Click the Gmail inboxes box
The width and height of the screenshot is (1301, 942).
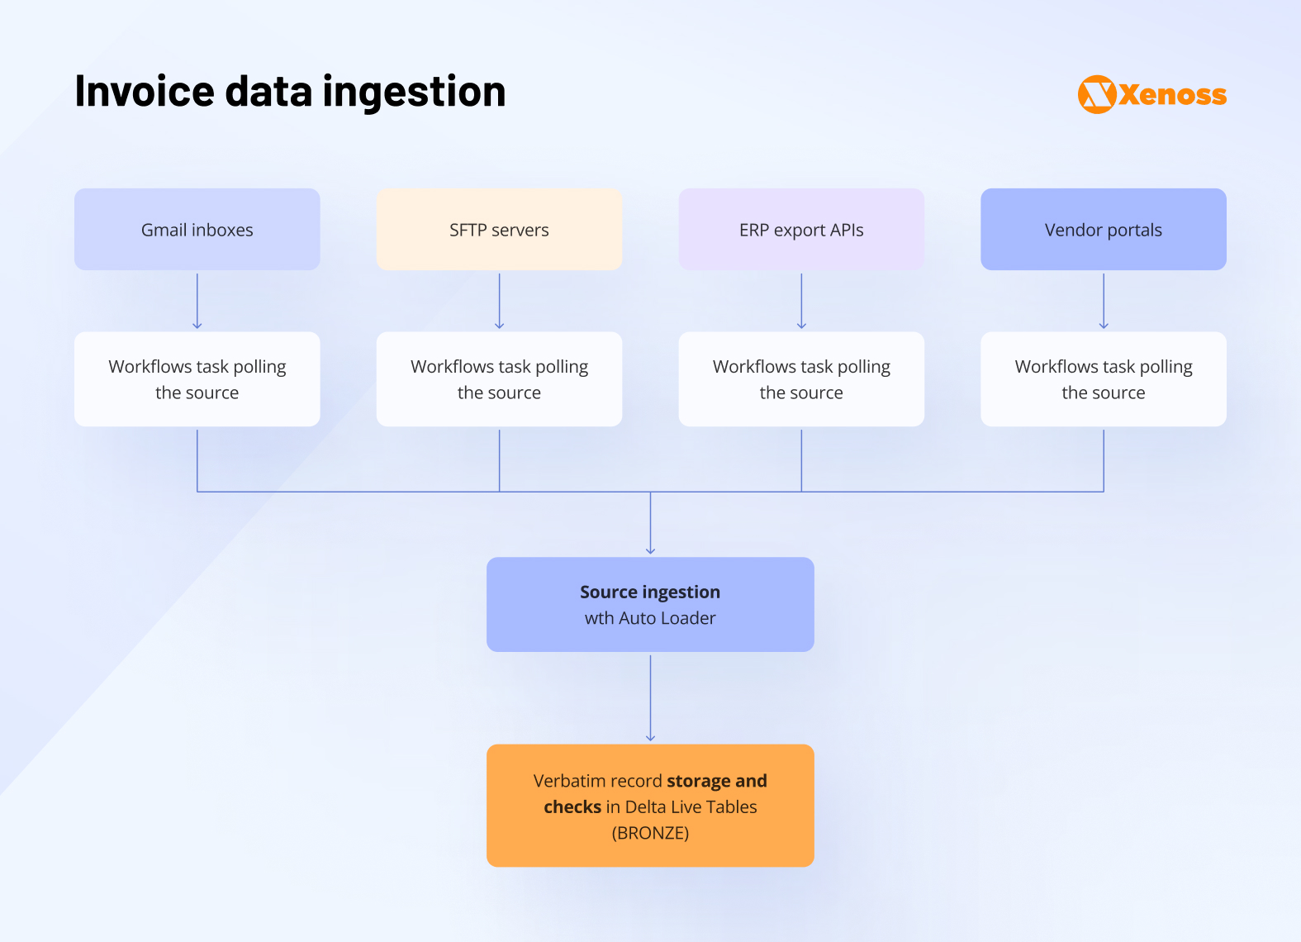197,230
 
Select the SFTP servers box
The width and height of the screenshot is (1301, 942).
499,230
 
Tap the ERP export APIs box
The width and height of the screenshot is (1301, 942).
801,230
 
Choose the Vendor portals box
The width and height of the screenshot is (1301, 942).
1103,230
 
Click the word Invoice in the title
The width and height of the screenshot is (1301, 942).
144,91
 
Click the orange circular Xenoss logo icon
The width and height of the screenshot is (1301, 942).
1097,94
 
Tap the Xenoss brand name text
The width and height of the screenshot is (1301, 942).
1173,95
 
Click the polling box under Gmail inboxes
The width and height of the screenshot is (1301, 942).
197,379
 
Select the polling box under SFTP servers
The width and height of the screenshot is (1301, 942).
499,379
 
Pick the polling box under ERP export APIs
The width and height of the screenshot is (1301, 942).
801,379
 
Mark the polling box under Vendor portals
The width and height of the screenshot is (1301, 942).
1103,379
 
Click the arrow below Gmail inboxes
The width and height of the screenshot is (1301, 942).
197,302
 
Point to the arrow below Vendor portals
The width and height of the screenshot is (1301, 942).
1104,302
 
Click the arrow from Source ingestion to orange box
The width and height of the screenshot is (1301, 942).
651,698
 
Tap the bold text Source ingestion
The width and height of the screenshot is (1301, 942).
650,592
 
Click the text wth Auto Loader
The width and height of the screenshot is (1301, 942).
650,618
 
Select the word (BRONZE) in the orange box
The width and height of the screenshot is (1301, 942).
650,833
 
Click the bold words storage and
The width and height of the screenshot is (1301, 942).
716,781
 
